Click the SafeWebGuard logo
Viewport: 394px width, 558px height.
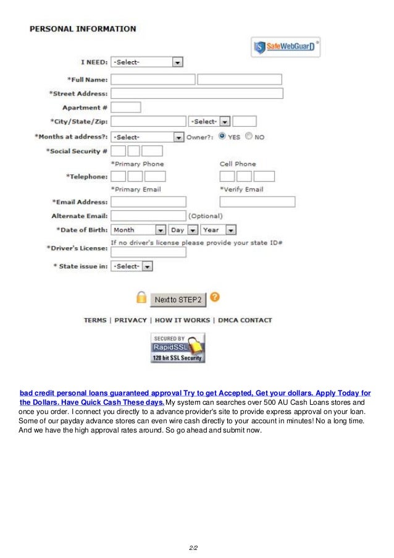285,46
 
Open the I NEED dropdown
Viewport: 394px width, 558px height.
147,62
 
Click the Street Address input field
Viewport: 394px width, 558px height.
196,93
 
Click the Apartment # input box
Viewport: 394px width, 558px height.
125,108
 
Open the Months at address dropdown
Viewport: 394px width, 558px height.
147,137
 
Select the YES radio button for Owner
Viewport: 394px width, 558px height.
221,137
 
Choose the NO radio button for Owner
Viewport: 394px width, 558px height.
248,137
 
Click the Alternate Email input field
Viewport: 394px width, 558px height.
148,216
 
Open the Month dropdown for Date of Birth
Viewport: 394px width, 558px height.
138,230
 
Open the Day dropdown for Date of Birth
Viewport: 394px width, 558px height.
183,230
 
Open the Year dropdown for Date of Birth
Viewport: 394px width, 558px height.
218,230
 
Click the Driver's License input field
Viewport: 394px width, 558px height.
148,252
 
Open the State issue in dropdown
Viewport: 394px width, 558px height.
131,266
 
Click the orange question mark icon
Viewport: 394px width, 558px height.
214,297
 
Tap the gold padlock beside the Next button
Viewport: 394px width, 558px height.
141,298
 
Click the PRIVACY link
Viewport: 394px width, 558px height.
130,320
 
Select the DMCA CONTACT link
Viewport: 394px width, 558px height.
244,320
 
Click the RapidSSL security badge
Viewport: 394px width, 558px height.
178,348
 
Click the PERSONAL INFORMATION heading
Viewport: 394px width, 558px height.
83,28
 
